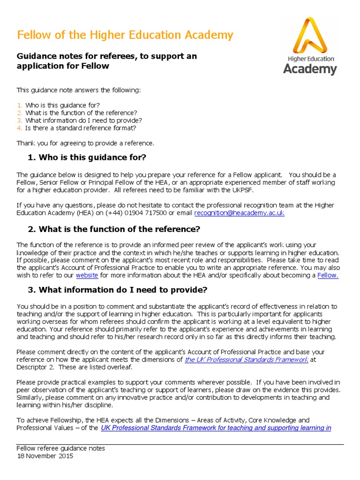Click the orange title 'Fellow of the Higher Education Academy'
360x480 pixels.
[x=125, y=35]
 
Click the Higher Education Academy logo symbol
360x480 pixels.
[x=309, y=36]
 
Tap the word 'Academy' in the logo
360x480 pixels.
[x=310, y=69]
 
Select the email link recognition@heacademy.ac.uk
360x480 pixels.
[x=239, y=213]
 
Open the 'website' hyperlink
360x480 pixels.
[x=86, y=275]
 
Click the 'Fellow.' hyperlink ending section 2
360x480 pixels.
[x=328, y=275]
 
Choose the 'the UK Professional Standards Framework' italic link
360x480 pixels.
[x=247, y=360]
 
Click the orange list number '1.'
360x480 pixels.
[x=19, y=105]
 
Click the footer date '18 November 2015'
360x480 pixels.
[x=45, y=456]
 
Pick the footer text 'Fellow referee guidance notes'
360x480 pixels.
[x=60, y=449]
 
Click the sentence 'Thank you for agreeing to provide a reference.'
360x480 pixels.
[x=85, y=143]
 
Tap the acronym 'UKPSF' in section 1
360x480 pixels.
[x=230, y=190]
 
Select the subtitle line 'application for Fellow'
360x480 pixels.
[x=63, y=66]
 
